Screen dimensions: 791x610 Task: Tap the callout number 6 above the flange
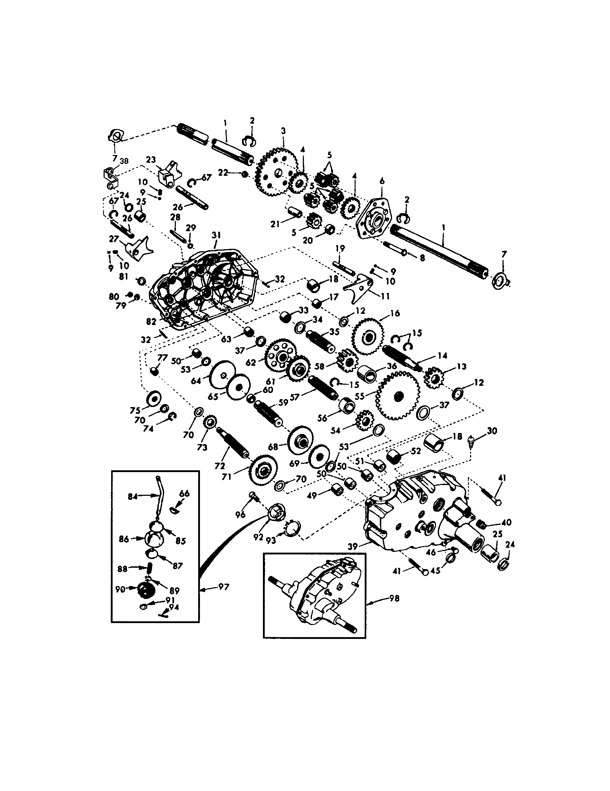coord(382,181)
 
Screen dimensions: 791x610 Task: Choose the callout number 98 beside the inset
coord(395,599)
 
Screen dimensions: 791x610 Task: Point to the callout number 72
coord(219,466)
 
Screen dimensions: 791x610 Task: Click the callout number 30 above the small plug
coord(492,431)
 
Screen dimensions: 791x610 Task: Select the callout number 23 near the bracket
coord(151,160)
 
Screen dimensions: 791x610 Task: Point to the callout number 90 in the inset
coord(120,589)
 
